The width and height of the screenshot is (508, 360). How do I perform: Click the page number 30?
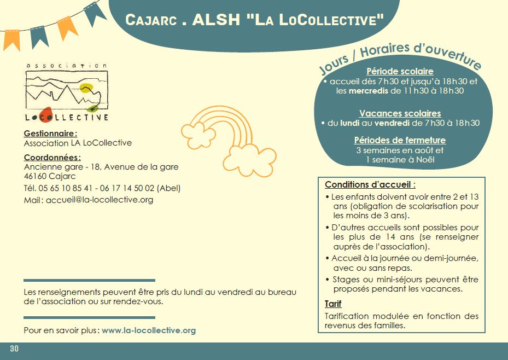tap(14, 349)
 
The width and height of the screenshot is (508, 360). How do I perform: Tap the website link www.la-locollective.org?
tap(149, 330)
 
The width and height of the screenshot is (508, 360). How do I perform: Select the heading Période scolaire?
tap(400, 71)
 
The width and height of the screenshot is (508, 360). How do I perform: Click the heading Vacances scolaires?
tap(400, 113)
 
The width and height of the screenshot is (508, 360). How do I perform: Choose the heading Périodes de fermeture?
tap(400, 140)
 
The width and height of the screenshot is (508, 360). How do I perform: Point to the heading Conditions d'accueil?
tap(370, 184)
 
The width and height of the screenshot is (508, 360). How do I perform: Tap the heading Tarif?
tap(333, 304)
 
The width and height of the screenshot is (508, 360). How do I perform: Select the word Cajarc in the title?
tap(150, 20)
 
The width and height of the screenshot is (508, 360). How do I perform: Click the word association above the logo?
tap(67, 66)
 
